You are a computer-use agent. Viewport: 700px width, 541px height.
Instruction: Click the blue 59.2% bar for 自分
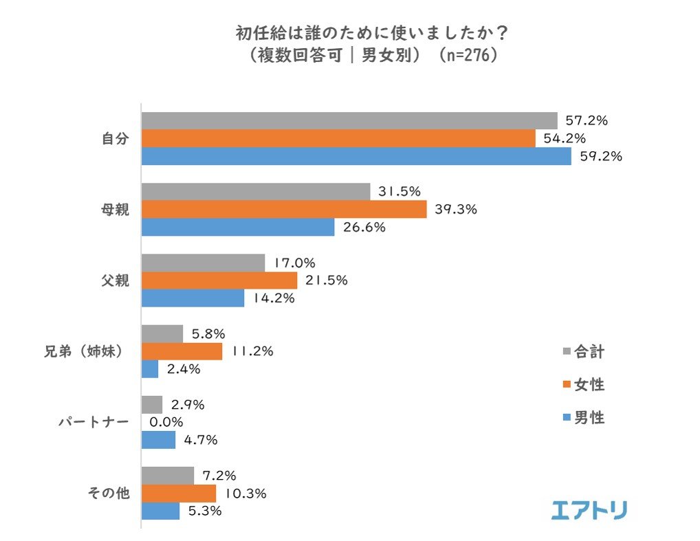[356, 156]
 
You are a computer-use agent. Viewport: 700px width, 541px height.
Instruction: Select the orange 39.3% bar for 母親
[284, 209]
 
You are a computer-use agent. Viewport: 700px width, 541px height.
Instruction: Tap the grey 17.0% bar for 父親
[203, 263]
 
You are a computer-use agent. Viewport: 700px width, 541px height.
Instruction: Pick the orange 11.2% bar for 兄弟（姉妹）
[182, 351]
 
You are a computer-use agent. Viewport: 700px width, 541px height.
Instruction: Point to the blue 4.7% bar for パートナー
[158, 440]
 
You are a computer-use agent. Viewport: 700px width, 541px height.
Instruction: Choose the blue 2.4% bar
[150, 369]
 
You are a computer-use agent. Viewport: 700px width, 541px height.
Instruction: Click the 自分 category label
[115, 138]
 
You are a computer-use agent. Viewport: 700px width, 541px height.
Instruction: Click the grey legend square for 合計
[567, 352]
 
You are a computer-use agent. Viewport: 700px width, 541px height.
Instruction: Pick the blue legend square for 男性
[567, 417]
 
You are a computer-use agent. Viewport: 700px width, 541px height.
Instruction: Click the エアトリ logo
[589, 509]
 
